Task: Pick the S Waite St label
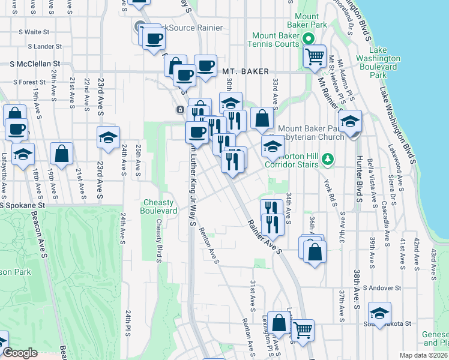(33, 32)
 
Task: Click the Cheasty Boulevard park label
(158, 206)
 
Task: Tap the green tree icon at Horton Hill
(327, 158)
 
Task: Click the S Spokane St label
(26, 205)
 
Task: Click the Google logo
(21, 353)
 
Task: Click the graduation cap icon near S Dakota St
(379, 313)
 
